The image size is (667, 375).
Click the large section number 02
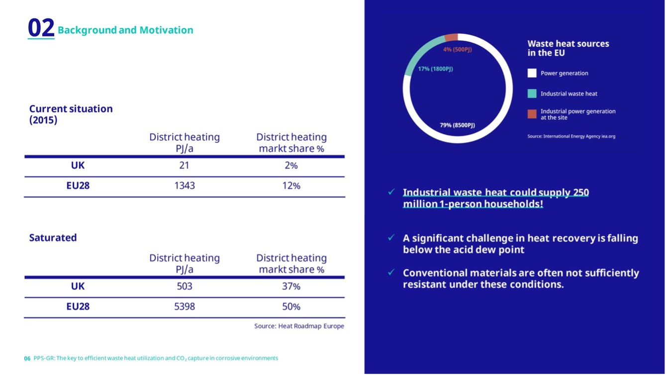(41, 28)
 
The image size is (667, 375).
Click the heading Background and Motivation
(125, 30)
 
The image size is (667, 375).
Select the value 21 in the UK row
(184, 166)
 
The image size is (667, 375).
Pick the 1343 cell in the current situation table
(185, 186)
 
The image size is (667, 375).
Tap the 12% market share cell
(291, 186)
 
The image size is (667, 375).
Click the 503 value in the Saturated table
(185, 286)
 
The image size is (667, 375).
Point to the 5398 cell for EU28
(185, 307)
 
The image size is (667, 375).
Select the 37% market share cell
(291, 286)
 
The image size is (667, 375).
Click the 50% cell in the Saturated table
(291, 307)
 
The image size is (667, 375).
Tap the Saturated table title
(53, 238)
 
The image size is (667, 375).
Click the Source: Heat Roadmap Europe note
(299, 326)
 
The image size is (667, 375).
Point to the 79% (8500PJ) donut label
(457, 125)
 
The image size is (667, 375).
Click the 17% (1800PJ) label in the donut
(435, 69)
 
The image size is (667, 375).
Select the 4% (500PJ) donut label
(457, 50)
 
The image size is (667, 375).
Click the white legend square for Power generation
(532, 73)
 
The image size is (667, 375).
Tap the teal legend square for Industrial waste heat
(532, 94)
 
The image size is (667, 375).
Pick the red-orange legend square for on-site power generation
(532, 114)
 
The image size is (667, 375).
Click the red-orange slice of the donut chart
(451, 38)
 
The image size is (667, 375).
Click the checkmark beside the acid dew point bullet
(391, 238)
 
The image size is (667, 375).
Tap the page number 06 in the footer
(27, 359)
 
